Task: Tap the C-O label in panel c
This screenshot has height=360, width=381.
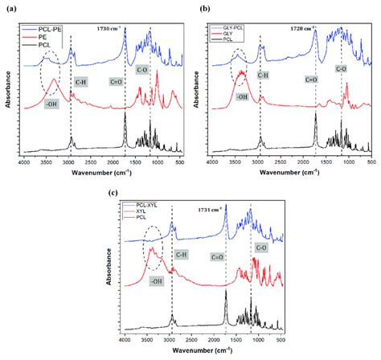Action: pyautogui.click(x=261, y=249)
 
